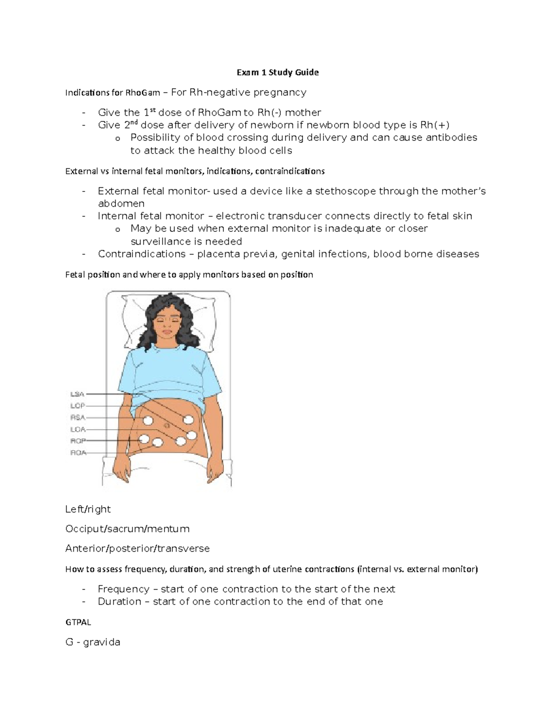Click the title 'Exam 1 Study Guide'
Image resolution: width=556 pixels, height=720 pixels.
pyautogui.click(x=278, y=72)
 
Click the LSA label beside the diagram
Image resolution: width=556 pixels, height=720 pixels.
pyautogui.click(x=77, y=394)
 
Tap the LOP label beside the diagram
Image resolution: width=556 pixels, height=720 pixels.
pyautogui.click(x=77, y=406)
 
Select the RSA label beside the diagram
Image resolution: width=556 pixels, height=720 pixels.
pyautogui.click(x=77, y=417)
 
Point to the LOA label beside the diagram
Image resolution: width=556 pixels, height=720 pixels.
pyautogui.click(x=77, y=429)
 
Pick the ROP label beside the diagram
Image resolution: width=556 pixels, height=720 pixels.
pyautogui.click(x=77, y=441)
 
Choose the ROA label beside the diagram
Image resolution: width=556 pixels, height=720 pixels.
pyautogui.click(x=78, y=452)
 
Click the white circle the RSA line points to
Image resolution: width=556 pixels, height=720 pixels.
pyautogui.click(x=148, y=421)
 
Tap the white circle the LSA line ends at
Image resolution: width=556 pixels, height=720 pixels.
pyautogui.click(x=188, y=420)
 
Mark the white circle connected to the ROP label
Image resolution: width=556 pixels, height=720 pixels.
pyautogui.click(x=144, y=439)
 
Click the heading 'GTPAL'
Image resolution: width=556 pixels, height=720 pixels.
pyautogui.click(x=78, y=623)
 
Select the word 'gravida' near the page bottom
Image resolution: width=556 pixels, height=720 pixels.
pyautogui.click(x=101, y=642)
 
